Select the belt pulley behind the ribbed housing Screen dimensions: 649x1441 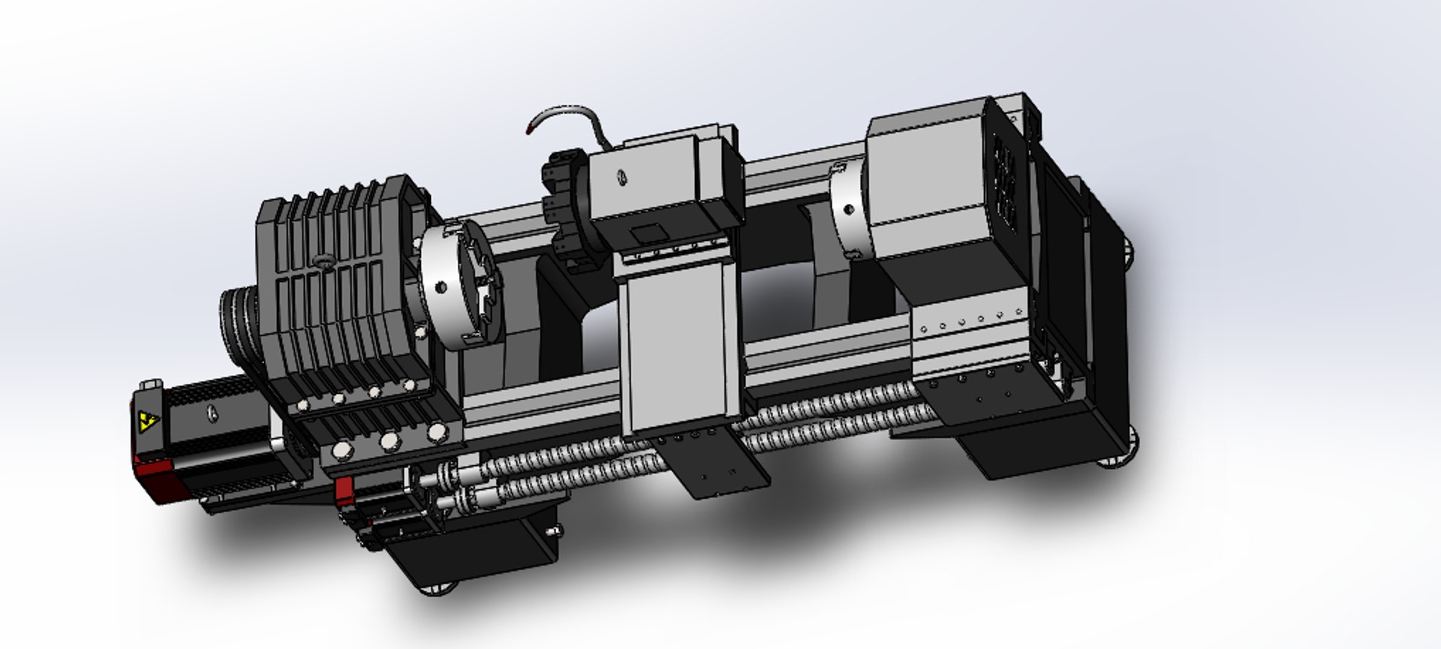click(x=238, y=323)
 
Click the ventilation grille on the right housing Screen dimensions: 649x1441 click(x=1005, y=180)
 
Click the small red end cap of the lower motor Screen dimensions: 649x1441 click(x=344, y=488)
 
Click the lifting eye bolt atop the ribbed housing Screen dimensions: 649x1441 click(x=324, y=260)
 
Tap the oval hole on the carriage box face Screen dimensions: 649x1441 click(x=621, y=178)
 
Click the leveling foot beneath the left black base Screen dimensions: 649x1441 click(x=439, y=589)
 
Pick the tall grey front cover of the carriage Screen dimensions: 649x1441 click(x=679, y=345)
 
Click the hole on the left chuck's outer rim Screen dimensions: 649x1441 click(x=441, y=286)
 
